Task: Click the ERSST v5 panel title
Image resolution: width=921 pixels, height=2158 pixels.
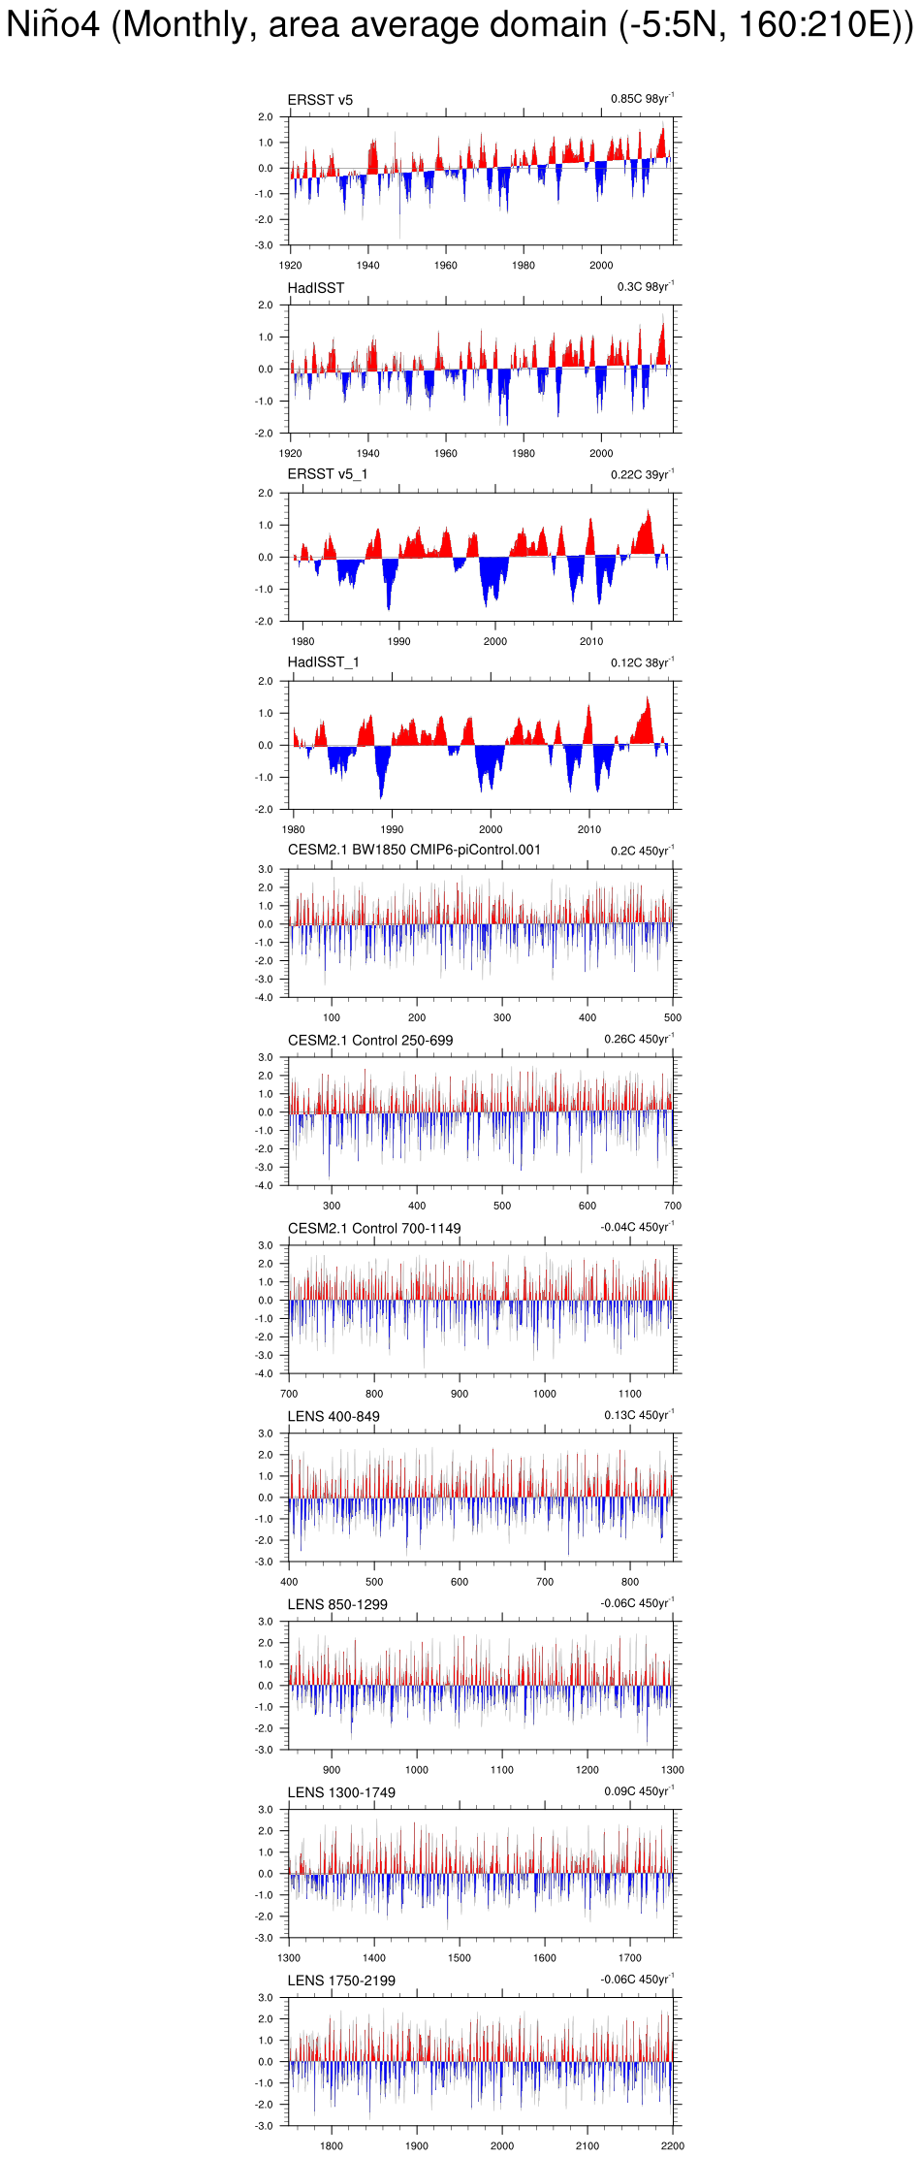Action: pos(320,100)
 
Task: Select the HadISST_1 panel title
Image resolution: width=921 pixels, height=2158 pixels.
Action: pos(323,662)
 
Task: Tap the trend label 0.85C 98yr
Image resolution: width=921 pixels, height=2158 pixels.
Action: pos(642,99)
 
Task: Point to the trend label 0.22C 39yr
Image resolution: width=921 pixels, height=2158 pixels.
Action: pos(642,475)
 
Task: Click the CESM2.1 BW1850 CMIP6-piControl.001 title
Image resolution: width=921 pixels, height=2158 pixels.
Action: pos(414,851)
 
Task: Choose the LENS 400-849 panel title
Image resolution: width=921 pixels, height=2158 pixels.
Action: pos(333,1417)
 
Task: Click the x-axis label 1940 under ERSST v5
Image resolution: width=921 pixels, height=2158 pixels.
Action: pos(367,265)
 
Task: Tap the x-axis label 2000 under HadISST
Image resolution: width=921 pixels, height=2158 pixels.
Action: pos(601,453)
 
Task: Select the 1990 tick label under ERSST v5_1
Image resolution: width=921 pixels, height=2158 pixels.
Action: pos(398,641)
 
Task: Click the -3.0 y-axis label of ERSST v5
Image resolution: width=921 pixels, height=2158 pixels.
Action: pos(264,245)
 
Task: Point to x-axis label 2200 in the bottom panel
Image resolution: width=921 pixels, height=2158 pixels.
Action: pos(672,2146)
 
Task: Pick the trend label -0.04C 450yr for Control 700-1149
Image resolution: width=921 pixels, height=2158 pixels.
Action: pos(637,1228)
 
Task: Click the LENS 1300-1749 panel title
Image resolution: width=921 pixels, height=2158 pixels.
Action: pos(341,1793)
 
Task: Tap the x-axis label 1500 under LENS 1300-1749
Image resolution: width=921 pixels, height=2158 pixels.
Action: pos(460,1958)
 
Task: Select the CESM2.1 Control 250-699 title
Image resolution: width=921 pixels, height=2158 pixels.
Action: pos(370,1041)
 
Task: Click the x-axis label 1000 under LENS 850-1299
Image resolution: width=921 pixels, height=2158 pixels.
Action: pos(417,1770)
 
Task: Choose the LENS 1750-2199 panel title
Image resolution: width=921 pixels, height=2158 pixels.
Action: pos(341,1981)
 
